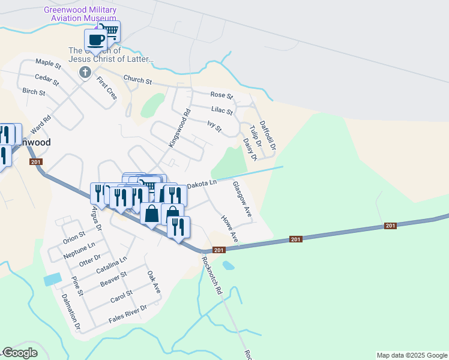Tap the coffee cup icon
95,40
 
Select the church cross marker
85,73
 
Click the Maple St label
49,63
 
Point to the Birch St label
34,92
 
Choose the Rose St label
221,95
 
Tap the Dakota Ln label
201,185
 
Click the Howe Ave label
230,230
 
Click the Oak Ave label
154,281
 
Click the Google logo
19,353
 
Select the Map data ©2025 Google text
411,355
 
